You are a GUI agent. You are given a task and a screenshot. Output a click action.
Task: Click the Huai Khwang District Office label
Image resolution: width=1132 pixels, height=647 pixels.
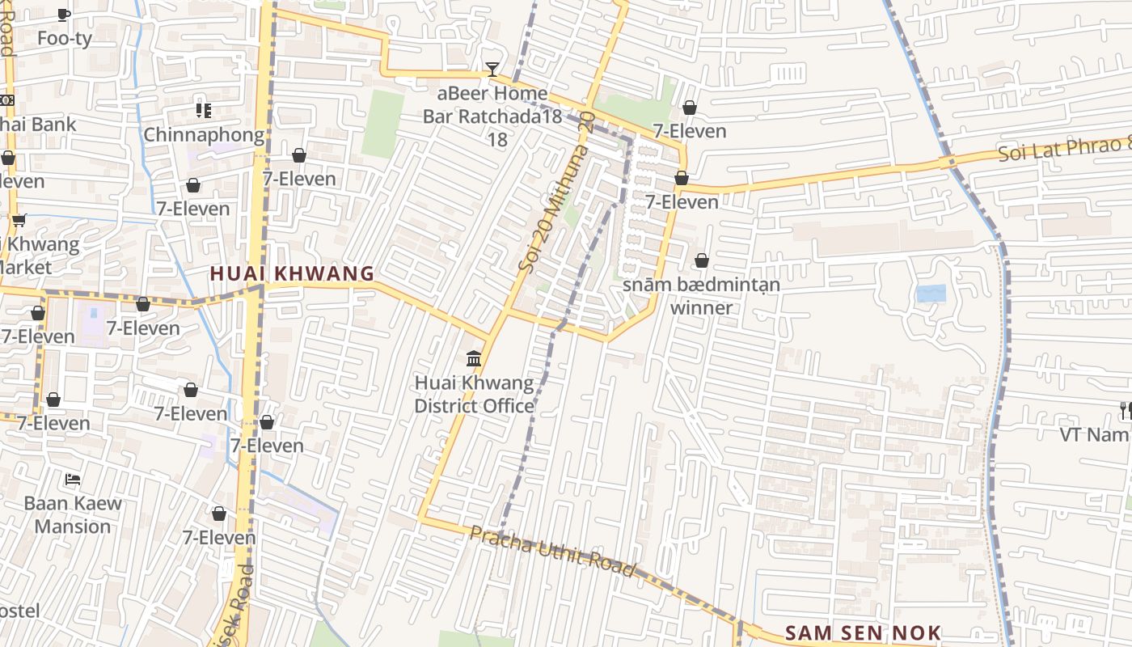point(475,394)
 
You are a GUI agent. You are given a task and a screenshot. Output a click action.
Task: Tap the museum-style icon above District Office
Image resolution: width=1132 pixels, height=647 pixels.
point(475,358)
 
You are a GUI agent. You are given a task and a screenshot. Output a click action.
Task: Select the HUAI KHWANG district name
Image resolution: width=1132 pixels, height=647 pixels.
point(293,273)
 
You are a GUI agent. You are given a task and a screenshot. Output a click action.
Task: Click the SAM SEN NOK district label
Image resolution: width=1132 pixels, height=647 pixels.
point(864,632)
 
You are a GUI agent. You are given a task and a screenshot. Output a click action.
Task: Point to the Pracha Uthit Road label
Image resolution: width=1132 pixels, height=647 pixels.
point(553,551)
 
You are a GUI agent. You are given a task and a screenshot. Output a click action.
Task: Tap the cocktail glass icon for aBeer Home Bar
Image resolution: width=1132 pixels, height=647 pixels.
point(492,70)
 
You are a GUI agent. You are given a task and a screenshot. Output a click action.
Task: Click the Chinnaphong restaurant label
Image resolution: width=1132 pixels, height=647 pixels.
point(204,134)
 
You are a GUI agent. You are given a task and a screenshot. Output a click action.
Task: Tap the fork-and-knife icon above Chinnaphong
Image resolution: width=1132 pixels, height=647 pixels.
point(203,110)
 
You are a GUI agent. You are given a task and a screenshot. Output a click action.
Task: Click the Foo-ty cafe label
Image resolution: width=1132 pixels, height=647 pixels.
point(65,38)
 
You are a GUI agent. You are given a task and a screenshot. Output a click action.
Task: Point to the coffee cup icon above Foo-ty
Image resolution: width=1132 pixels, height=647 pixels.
point(65,14)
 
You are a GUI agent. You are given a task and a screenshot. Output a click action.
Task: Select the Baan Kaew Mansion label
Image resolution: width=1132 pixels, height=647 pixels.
point(73,514)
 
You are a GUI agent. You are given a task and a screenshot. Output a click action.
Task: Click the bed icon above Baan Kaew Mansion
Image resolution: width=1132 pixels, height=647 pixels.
point(73,479)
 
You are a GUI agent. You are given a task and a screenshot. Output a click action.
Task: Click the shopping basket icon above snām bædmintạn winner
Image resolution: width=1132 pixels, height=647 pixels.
point(702,260)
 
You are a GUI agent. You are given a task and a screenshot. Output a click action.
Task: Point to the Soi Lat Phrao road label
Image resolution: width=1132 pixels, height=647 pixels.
point(1063,149)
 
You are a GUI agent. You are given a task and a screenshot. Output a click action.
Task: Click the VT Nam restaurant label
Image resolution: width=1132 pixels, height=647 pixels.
point(1096,434)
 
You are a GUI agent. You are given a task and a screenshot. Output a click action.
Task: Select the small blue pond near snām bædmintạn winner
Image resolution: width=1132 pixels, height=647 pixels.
point(931,294)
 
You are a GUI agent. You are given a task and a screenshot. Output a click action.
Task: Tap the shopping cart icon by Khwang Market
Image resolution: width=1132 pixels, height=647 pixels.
point(19,220)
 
